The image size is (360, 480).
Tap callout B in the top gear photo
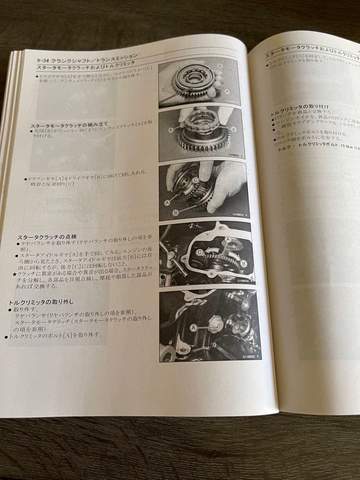pos(220,65)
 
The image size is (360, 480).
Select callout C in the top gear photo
pos(164,89)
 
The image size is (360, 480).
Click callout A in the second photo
pos(171,131)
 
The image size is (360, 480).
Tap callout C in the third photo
pos(195,180)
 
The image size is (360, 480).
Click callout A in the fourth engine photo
pos(228,239)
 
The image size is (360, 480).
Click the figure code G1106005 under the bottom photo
pos(248,356)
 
